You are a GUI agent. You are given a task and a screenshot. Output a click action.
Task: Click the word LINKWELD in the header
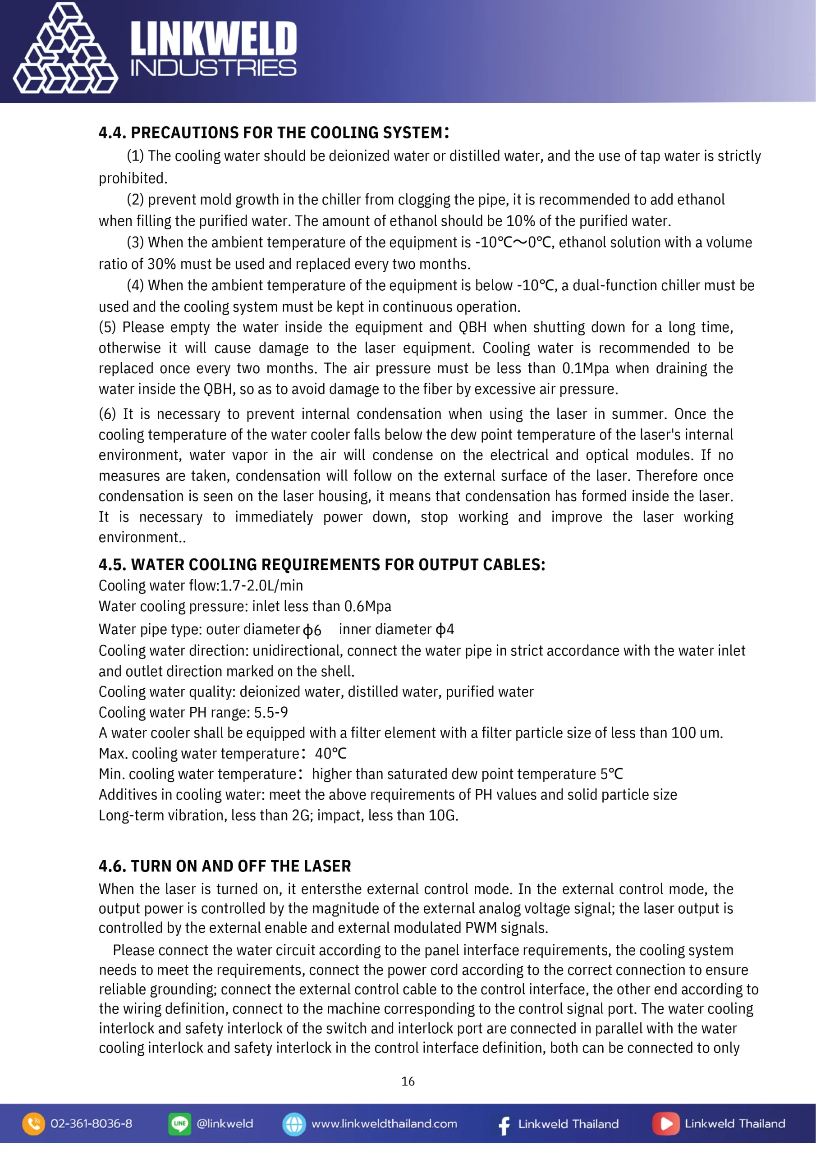pos(214,39)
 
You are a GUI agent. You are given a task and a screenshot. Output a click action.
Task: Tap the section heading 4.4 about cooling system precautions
pos(274,133)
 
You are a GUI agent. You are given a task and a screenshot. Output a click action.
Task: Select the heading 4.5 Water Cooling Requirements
pos(322,564)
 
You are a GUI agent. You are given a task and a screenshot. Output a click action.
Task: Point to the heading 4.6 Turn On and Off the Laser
pos(225,866)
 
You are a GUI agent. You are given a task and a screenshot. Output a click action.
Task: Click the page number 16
pos(408,1081)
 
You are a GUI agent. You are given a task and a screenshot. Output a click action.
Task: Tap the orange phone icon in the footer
pos(34,1123)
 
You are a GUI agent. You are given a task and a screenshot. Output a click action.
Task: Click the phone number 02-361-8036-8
pos(92,1123)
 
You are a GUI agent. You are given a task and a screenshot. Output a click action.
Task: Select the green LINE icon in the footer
pos(179,1123)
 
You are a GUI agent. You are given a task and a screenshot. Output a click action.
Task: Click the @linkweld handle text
pos(225,1123)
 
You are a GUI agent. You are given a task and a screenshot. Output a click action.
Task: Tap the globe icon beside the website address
pos(294,1124)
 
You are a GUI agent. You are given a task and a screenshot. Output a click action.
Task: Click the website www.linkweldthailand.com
pos(384,1123)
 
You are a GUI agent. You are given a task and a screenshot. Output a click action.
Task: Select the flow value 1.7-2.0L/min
pos(261,586)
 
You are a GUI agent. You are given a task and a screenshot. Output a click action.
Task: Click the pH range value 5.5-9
pos(270,712)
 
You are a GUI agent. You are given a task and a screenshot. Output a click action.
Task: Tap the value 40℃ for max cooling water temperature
pos(330,753)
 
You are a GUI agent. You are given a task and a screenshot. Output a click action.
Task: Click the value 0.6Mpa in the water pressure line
pos(367,606)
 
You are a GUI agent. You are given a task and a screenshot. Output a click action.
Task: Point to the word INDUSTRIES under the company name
pos(214,68)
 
